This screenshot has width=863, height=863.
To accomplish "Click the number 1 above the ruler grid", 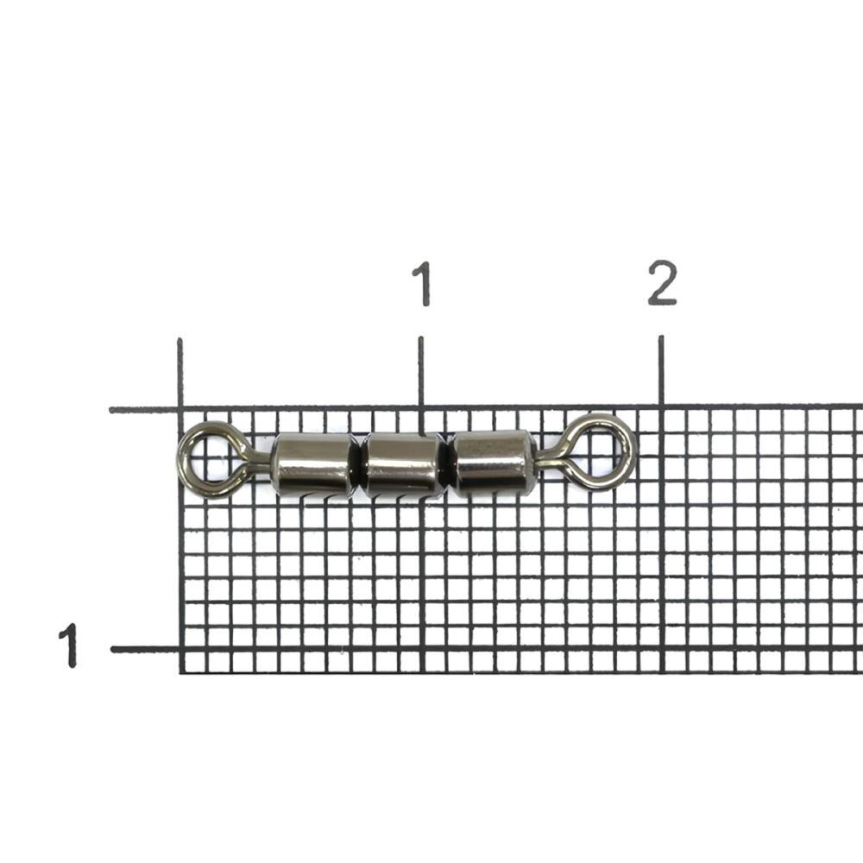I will coord(420,284).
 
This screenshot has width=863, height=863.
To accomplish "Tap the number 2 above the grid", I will coord(662,284).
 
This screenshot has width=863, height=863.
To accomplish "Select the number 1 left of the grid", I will coord(67,646).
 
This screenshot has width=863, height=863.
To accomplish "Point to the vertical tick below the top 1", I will coord(420,371).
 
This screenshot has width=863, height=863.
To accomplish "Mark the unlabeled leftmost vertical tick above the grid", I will coord(180,373).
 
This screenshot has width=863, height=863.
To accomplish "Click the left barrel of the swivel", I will coord(314,465).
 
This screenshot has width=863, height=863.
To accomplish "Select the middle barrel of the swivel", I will coord(404,465).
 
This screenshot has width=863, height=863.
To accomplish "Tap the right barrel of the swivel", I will coord(493,463).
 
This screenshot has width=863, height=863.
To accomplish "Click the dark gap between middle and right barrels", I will coord(450,464).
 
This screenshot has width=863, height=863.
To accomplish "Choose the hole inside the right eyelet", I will coord(605,450).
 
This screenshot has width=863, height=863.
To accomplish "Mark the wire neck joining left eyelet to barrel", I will coord(256,466).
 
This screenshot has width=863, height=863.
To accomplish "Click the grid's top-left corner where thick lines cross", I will coord(180,409).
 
